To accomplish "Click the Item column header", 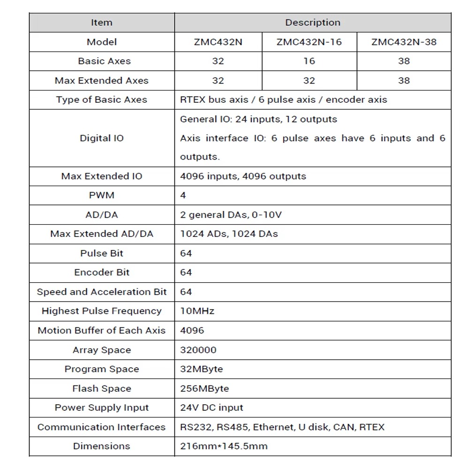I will [102, 23].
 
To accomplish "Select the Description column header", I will [312, 23].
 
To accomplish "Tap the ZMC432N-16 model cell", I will [309, 42].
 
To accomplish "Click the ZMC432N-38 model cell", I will [404, 42].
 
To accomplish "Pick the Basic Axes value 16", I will [309, 61].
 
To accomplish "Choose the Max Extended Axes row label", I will [102, 80].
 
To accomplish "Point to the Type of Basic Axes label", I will [102, 99].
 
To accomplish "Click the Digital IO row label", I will [102, 138].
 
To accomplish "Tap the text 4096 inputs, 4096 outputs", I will [243, 176].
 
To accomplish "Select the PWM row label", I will [102, 196].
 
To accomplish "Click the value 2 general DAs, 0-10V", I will [231, 215].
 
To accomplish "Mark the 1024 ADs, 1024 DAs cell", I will [229, 234].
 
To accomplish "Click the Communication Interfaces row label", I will [102, 427].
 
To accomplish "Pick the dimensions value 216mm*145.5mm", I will [224, 446].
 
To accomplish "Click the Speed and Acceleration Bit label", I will [102, 292].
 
